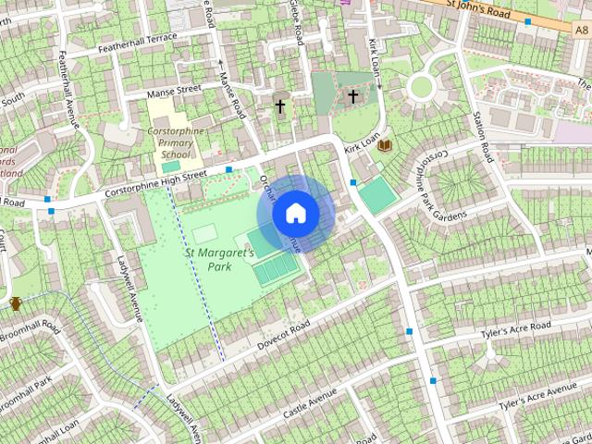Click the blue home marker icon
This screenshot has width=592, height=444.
295,213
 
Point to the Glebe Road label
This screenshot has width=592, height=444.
299,23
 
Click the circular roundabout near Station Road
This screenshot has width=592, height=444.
422,88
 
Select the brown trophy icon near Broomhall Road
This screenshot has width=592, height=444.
16,303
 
